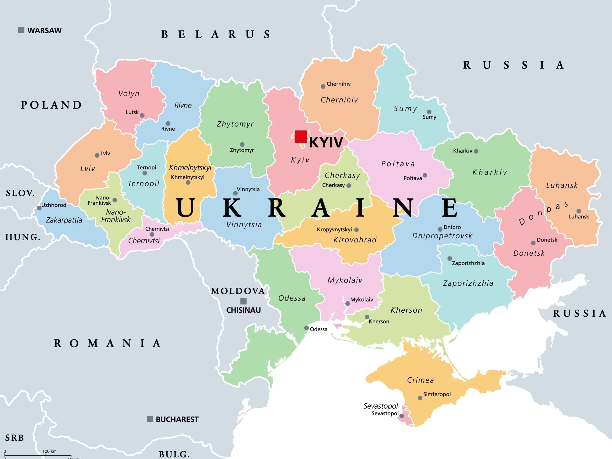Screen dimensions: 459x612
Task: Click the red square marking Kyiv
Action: [x=300, y=136]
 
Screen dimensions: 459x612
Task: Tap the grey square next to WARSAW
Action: [x=21, y=30]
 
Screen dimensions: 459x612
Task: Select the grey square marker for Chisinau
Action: [x=243, y=301]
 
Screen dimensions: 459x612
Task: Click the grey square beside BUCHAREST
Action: [x=150, y=419]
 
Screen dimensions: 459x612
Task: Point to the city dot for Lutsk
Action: [x=142, y=115]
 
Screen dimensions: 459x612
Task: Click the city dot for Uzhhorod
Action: [x=39, y=208]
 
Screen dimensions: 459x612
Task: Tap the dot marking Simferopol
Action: [x=420, y=398]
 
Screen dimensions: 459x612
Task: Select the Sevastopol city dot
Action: [x=401, y=416]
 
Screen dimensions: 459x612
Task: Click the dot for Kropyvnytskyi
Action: [x=356, y=230]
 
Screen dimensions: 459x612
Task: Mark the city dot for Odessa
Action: [x=306, y=328]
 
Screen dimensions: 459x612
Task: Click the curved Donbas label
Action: [x=543, y=213]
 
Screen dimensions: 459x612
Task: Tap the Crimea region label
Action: [x=420, y=380]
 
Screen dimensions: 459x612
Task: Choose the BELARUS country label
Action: [x=216, y=35]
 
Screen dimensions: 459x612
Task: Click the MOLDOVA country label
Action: [x=238, y=291]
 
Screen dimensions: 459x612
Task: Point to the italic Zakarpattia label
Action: [x=64, y=220]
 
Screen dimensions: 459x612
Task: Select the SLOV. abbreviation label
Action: [x=20, y=193]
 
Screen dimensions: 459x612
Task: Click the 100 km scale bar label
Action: [x=49, y=451]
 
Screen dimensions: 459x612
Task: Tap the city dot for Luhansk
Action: [x=578, y=211]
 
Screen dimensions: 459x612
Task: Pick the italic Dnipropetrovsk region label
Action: [x=442, y=236]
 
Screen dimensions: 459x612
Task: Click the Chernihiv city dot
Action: [x=323, y=87]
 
